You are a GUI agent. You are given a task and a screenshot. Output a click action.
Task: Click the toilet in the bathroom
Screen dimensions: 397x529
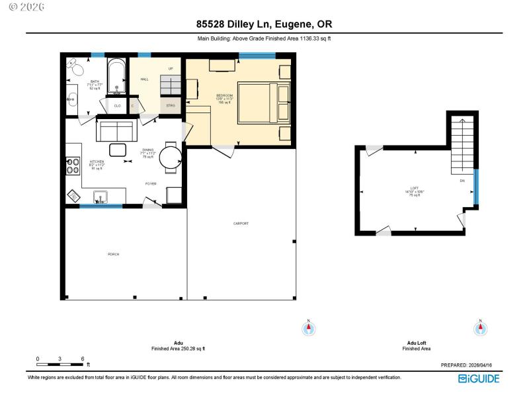75,68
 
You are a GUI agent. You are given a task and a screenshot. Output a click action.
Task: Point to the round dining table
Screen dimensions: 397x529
171,157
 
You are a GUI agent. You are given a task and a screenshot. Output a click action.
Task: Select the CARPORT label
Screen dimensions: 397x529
241,224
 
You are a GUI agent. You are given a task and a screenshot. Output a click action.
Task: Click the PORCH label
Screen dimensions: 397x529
114,254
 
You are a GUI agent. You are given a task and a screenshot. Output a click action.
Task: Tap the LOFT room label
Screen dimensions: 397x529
415,189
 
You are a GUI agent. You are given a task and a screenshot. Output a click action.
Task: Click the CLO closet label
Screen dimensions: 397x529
117,106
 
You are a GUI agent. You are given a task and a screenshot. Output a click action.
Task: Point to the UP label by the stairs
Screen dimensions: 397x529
171,69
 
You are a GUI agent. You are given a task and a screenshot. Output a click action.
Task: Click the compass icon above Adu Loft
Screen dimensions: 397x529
481,328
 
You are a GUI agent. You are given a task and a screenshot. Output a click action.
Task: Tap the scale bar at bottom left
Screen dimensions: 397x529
60,364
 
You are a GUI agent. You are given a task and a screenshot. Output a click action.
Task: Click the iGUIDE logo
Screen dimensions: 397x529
479,378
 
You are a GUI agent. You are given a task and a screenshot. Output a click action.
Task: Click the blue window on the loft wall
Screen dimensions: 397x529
475,187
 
